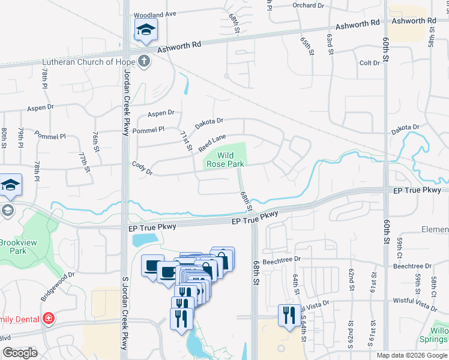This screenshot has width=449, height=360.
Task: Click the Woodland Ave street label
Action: (x=155, y=14)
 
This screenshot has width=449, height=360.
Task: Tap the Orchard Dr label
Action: (x=309, y=5)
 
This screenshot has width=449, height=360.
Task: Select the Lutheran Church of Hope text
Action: (x=89, y=61)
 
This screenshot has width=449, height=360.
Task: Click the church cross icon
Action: (x=143, y=61)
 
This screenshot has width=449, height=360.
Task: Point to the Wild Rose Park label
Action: (x=225, y=159)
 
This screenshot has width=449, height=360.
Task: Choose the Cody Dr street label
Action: (x=142, y=167)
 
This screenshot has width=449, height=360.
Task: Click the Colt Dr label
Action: (x=369, y=63)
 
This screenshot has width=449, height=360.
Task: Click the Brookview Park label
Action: (x=13, y=247)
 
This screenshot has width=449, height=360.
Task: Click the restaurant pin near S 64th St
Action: (x=289, y=315)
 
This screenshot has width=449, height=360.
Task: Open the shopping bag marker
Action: (x=222, y=259)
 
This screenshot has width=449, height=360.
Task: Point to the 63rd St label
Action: (x=330, y=44)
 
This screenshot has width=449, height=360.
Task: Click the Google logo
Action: (x=19, y=353)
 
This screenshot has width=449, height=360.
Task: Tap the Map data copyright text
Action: (x=411, y=355)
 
